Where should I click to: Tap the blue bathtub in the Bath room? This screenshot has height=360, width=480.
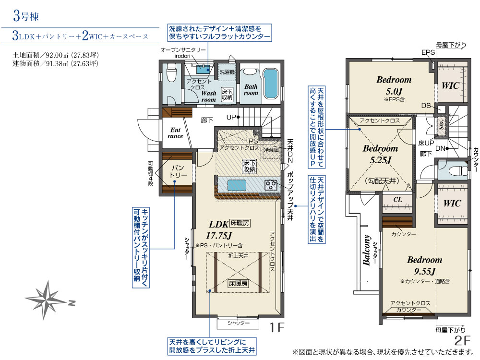(x=271, y=83)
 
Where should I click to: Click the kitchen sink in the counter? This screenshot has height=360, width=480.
(x=236, y=185)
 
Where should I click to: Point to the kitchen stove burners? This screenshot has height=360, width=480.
(x=271, y=185)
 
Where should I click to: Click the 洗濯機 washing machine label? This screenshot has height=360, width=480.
(x=227, y=72)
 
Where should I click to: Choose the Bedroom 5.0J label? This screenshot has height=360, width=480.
(x=394, y=85)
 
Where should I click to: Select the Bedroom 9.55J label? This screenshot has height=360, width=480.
(x=425, y=265)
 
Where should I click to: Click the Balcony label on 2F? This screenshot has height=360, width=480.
(x=366, y=250)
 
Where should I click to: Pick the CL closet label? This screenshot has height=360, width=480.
(x=397, y=200)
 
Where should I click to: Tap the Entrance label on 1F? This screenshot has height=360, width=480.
(x=175, y=133)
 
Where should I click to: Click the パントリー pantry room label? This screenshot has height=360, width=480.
(x=178, y=171)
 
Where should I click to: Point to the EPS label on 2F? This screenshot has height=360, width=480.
(x=428, y=52)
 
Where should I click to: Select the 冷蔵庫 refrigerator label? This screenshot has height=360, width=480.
(x=271, y=150)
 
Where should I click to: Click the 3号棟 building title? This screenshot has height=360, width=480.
(x=26, y=16)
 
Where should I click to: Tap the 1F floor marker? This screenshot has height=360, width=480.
(x=276, y=327)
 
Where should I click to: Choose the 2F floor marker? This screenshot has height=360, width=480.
(x=462, y=341)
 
